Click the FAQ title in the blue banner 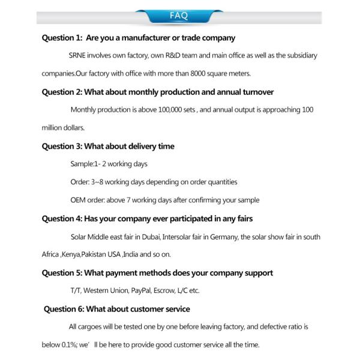[179, 16]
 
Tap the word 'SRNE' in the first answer [79, 56]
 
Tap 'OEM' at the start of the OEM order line [79, 200]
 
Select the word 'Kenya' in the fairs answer [71, 254]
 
